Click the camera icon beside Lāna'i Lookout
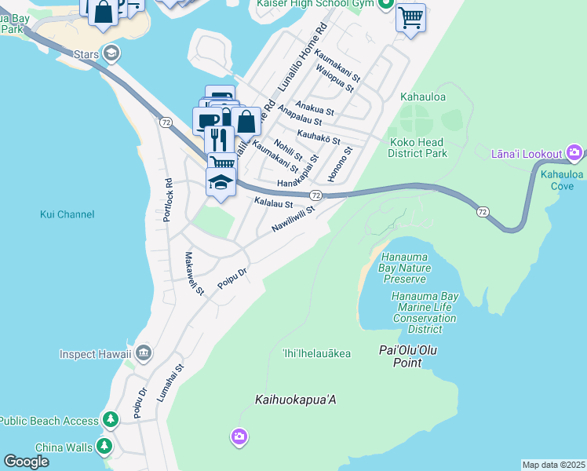[574, 152]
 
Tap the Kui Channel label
[67, 214]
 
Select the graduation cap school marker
[221, 182]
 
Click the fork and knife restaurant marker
[219, 140]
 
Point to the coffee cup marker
[206, 121]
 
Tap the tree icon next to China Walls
[104, 448]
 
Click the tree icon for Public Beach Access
[111, 421]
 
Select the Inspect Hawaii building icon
[143, 353]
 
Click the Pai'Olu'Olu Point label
[410, 356]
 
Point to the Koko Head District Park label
[417, 148]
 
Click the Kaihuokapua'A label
[295, 400]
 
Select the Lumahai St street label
[170, 383]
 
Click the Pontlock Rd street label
[167, 200]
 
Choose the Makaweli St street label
[193, 273]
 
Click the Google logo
[26, 462]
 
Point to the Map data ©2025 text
[553, 465]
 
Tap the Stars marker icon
[112, 53]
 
